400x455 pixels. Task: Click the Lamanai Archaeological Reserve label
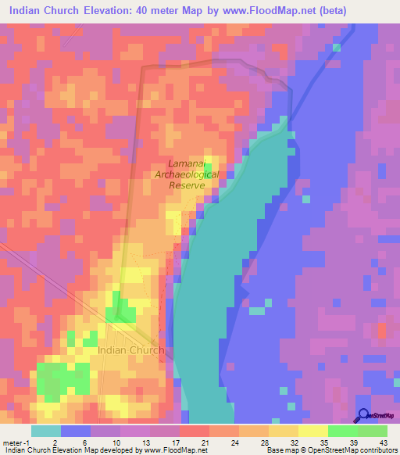pos(187,174)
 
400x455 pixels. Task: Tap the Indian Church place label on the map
pos(130,350)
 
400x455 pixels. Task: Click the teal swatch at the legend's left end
pos(45,431)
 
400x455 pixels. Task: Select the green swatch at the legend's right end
pos(372,431)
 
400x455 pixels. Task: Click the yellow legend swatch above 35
pos(312,431)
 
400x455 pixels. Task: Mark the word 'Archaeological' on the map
pos(187,174)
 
